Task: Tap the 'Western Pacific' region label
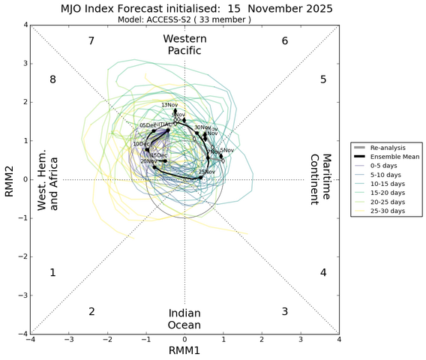click(x=184, y=44)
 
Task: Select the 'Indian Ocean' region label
click(x=184, y=319)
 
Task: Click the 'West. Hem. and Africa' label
click(x=49, y=179)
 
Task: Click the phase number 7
click(x=91, y=40)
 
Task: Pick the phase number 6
click(x=285, y=40)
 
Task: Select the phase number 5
click(x=323, y=79)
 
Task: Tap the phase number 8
click(x=52, y=79)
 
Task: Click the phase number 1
click(x=52, y=273)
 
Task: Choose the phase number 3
click(x=285, y=311)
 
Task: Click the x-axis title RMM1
click(x=184, y=352)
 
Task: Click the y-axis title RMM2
click(x=8, y=179)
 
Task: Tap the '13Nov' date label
click(x=169, y=105)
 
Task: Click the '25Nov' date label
click(x=207, y=172)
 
